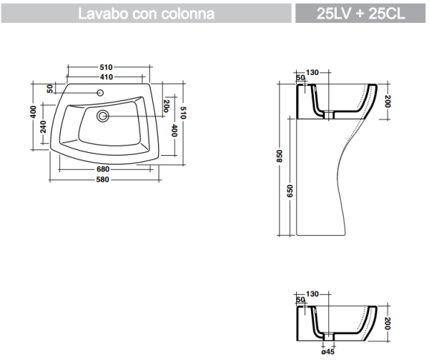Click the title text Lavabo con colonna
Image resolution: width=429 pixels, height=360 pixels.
[147, 14]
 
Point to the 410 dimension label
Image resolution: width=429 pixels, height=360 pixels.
[107, 77]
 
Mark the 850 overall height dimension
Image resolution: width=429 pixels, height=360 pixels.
[280, 159]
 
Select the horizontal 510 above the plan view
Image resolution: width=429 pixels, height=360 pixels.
[107, 67]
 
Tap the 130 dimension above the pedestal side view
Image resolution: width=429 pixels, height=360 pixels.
[312, 72]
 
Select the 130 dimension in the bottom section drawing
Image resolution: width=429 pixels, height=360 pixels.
[312, 294]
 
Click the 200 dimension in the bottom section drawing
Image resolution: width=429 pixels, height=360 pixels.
[387, 323]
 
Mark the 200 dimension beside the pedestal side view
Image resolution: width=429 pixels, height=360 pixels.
[387, 101]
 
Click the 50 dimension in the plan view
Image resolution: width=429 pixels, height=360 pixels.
[49, 89]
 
